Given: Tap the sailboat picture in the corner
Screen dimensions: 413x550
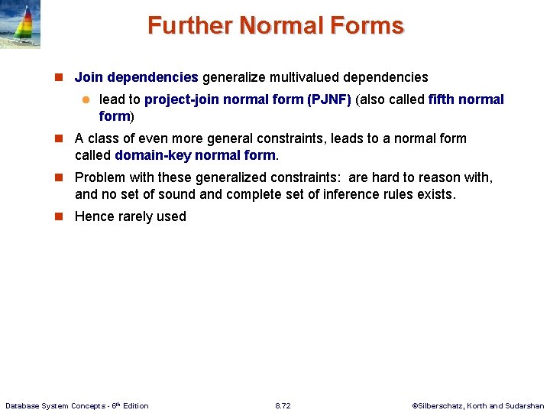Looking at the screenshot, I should click(21, 25).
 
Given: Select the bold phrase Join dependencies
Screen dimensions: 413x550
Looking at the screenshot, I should click(136, 77).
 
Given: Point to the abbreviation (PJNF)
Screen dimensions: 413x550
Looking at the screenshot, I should click(328, 99).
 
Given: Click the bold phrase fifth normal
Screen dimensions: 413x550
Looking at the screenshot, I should click(466, 99).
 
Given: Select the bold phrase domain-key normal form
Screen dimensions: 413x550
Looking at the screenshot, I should click(195, 155).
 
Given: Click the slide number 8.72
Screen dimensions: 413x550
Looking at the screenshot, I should click(283, 405).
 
